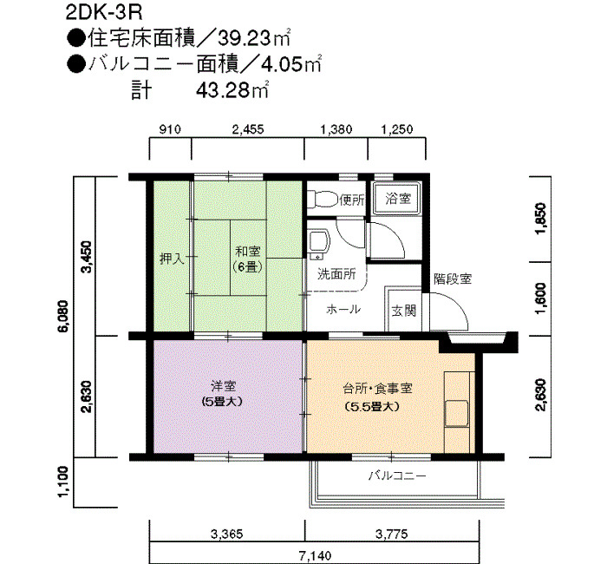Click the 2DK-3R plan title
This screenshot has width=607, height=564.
tap(104, 13)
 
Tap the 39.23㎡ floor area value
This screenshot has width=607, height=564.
tap(254, 38)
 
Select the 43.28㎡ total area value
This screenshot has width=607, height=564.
tap(232, 90)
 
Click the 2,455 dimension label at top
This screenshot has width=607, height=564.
tap(248, 128)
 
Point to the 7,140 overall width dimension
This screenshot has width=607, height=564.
tap(315, 556)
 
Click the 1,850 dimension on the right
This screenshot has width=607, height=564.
tap(541, 218)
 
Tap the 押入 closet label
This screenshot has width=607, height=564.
tap(173, 259)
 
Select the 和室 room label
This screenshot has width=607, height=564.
tap(248, 252)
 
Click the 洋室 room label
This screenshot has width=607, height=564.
tap(224, 386)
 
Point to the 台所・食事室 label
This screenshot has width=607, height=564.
tap(377, 388)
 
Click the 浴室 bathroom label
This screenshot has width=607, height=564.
tap(398, 199)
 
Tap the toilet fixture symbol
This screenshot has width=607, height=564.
tap(322, 199)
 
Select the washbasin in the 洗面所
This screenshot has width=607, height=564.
tap(318, 245)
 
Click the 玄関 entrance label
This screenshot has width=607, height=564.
tap(404, 311)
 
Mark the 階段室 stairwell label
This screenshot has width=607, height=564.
tap(453, 279)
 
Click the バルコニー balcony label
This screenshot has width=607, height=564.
tap(397, 475)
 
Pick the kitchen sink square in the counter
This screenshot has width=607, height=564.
tap(456, 414)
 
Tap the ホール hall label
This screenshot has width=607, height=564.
tap(343, 310)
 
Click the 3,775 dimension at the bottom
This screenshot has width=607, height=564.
tap(392, 534)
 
